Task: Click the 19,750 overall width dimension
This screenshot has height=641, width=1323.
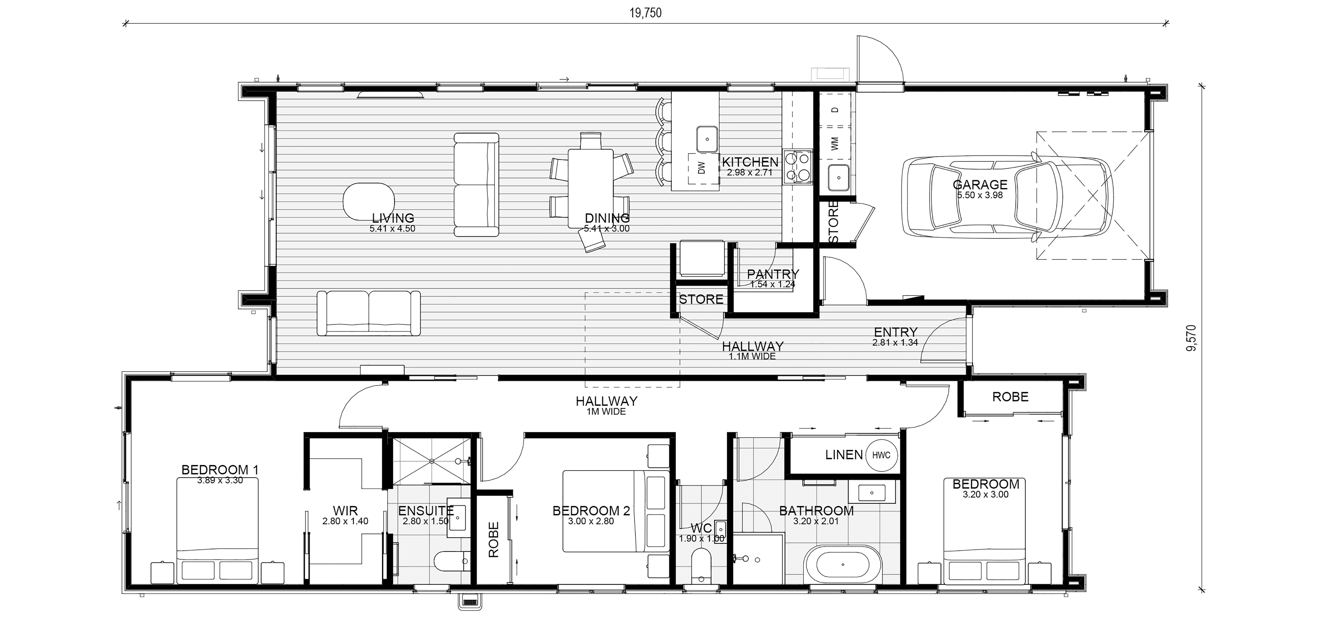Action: (x=646, y=13)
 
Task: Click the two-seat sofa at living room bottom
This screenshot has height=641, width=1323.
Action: (x=369, y=314)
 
